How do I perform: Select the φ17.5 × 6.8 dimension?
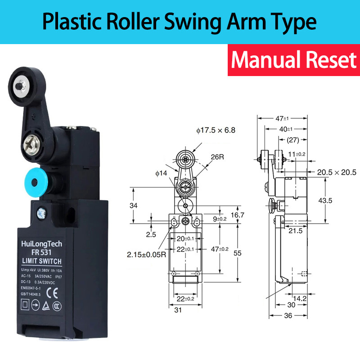click(x=216, y=130)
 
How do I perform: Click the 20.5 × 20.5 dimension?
click(x=336, y=172)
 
